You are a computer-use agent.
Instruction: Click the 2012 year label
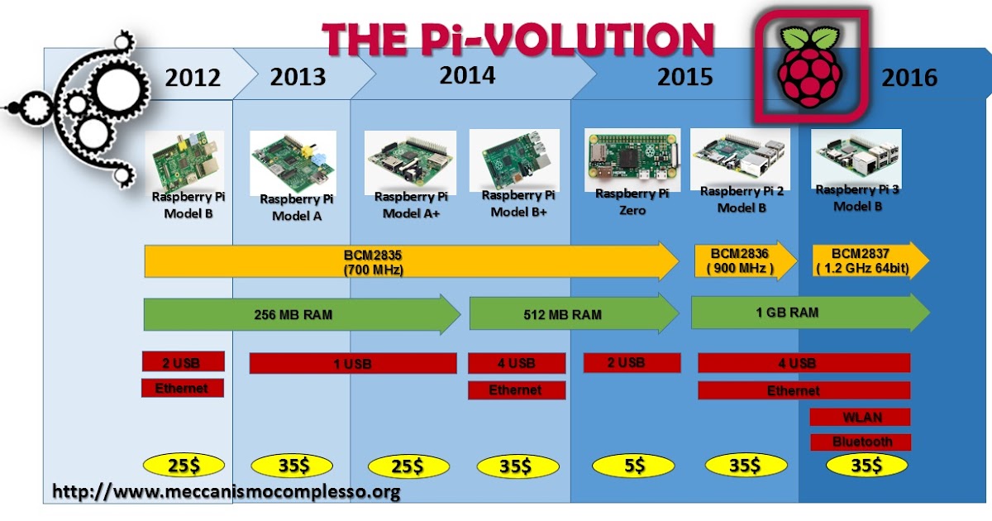pos(193,78)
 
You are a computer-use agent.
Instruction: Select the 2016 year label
pos(909,78)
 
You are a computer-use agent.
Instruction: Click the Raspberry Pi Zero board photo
pos(632,157)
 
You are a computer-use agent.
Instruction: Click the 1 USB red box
pos(353,363)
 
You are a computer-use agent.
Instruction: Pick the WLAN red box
pos(860,416)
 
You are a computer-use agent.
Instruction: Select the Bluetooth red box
pos(861,442)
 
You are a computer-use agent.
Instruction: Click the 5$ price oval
pos(634,466)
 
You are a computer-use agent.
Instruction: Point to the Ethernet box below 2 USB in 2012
pos(183,388)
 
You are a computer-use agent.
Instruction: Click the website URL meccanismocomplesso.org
pos(227,492)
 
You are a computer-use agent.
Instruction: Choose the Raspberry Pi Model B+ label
pos(518,203)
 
